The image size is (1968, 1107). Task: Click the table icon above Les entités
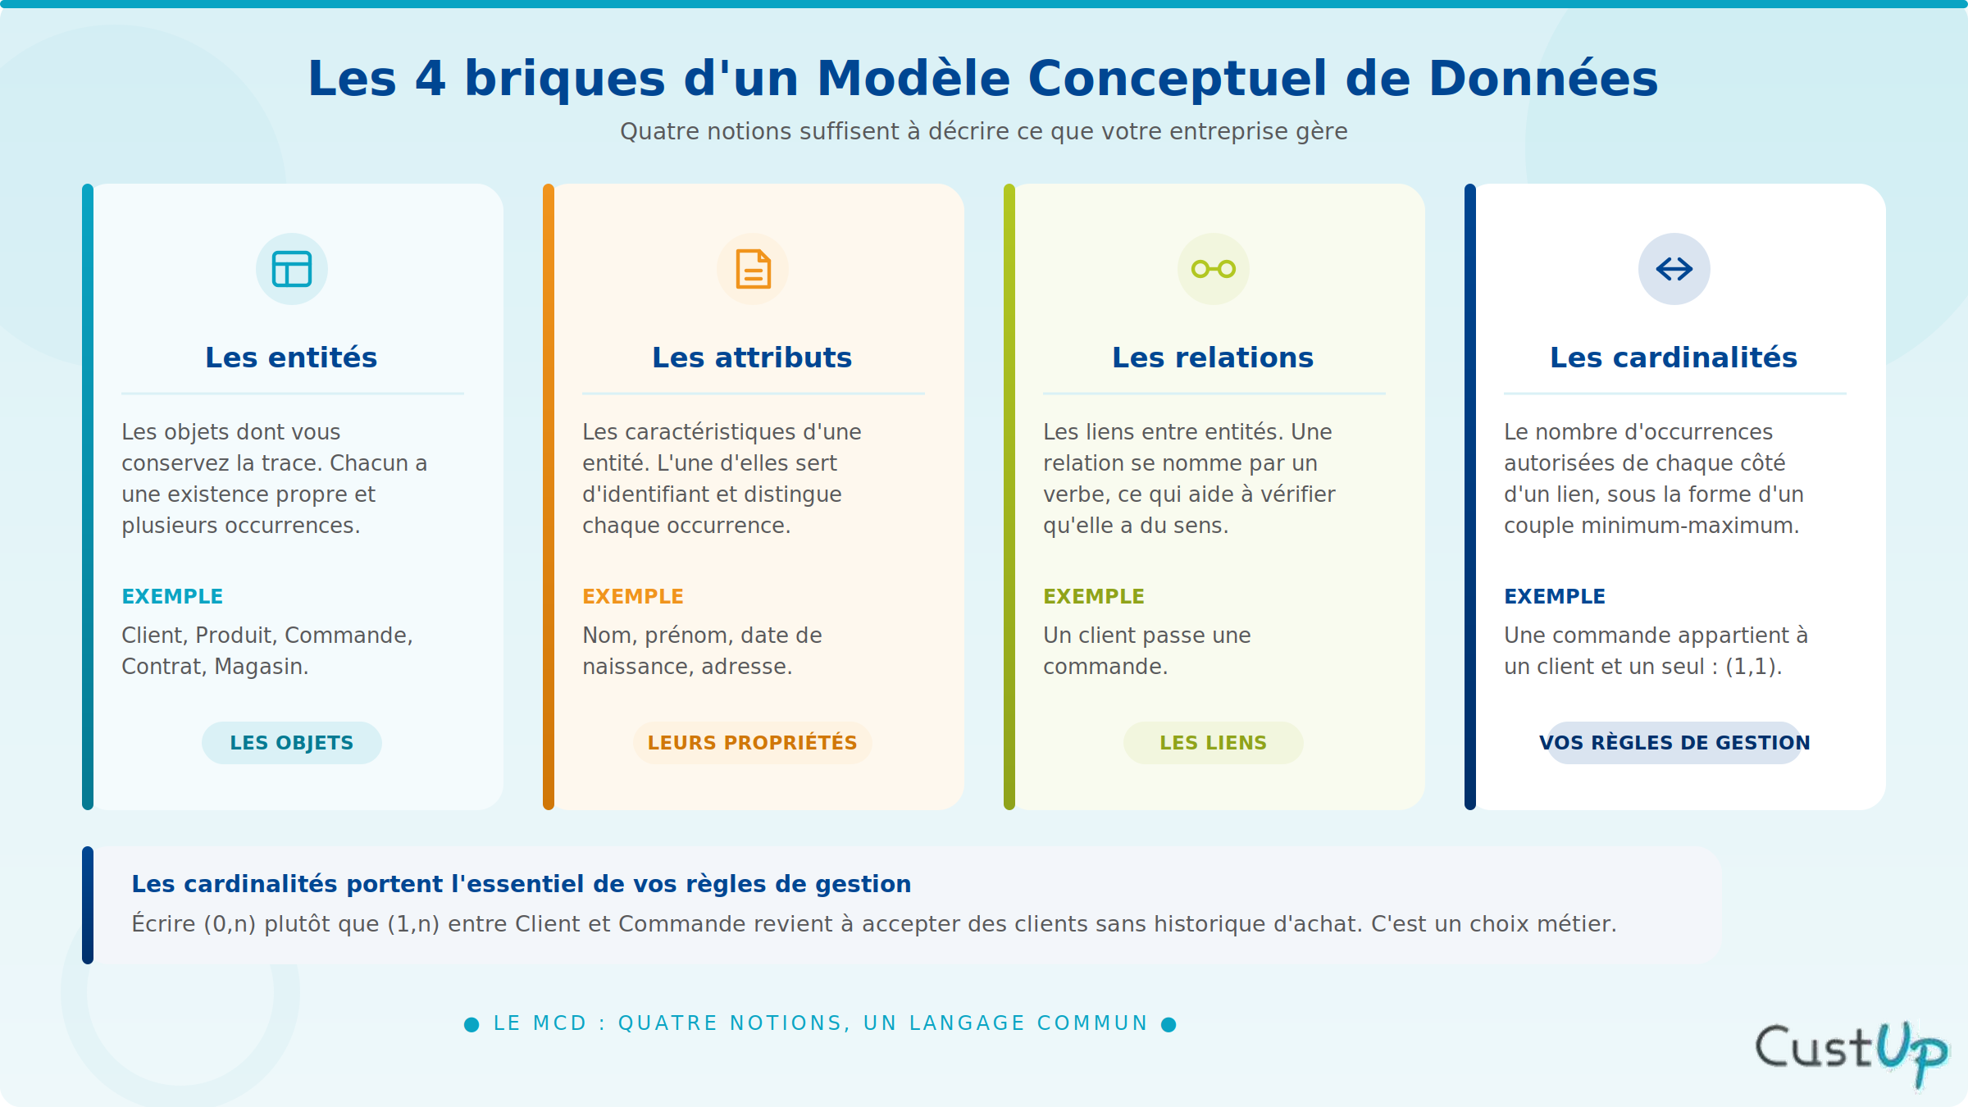(292, 269)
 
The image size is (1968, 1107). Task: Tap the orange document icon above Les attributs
(753, 269)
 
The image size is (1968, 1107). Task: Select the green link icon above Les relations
(1214, 269)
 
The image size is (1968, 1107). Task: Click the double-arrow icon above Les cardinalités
(1674, 269)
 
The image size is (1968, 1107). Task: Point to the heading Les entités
(291, 358)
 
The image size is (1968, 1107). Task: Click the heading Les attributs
(752, 358)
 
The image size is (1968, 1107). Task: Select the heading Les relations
(1213, 358)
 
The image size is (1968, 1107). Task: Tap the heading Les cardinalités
(1674, 358)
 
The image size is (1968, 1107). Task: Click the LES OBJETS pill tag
(292, 743)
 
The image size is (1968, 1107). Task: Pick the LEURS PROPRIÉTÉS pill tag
(753, 743)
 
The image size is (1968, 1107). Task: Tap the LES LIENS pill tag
(1214, 743)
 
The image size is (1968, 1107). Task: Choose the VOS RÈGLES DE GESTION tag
(1674, 743)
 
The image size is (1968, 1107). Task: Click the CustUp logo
(1851, 1052)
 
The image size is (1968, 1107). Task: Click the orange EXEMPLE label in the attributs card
(633, 596)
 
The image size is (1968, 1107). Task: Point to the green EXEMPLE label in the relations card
(1094, 596)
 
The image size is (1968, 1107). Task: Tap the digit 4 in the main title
(431, 79)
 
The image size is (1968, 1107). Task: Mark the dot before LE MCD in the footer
(471, 1024)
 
